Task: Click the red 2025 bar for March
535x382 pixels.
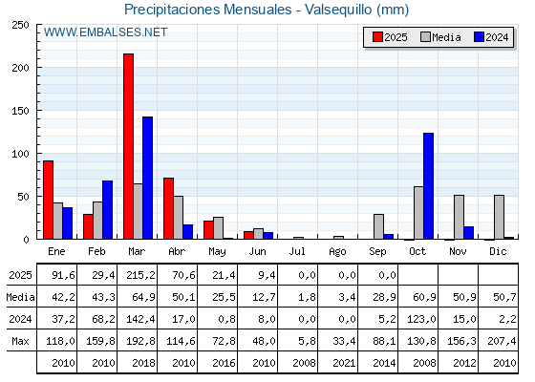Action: point(129,146)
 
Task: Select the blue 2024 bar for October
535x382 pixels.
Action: point(429,186)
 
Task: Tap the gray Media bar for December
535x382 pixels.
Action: point(499,218)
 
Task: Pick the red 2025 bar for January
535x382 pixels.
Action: point(49,200)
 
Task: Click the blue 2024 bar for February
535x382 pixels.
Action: point(107,210)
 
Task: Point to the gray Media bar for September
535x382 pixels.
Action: point(378,226)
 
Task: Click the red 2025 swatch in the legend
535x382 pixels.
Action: point(377,37)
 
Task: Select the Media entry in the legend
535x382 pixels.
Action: point(440,37)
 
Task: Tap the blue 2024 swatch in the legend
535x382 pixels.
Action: point(479,37)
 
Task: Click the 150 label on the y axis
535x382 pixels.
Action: point(21,111)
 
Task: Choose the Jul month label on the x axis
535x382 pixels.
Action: point(297,251)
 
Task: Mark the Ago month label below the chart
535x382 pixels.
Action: point(337,252)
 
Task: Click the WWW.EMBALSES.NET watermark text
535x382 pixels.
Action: point(105,32)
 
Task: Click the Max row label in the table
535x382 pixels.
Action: point(20,341)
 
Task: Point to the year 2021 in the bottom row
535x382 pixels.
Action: point(344,363)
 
